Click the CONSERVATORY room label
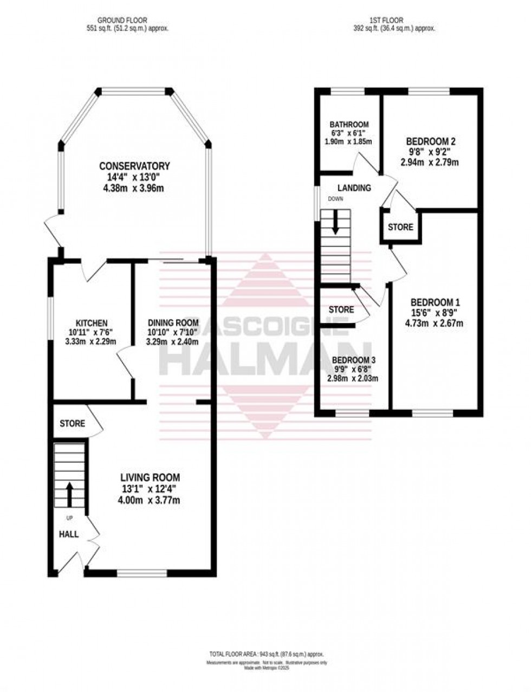click(x=134, y=166)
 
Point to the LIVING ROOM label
click(x=150, y=477)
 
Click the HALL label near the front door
click(x=69, y=534)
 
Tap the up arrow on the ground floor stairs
click(x=69, y=493)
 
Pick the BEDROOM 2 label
click(x=431, y=142)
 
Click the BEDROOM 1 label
click(x=436, y=302)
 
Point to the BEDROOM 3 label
click(x=354, y=360)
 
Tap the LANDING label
click(x=354, y=188)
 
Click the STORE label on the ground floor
click(x=72, y=423)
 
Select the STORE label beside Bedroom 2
click(x=400, y=227)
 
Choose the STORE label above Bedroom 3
click(x=341, y=309)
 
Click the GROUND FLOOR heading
click(x=128, y=21)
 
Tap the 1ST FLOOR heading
click(x=386, y=21)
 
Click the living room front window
click(x=142, y=572)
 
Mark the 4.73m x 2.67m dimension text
click(x=436, y=324)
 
